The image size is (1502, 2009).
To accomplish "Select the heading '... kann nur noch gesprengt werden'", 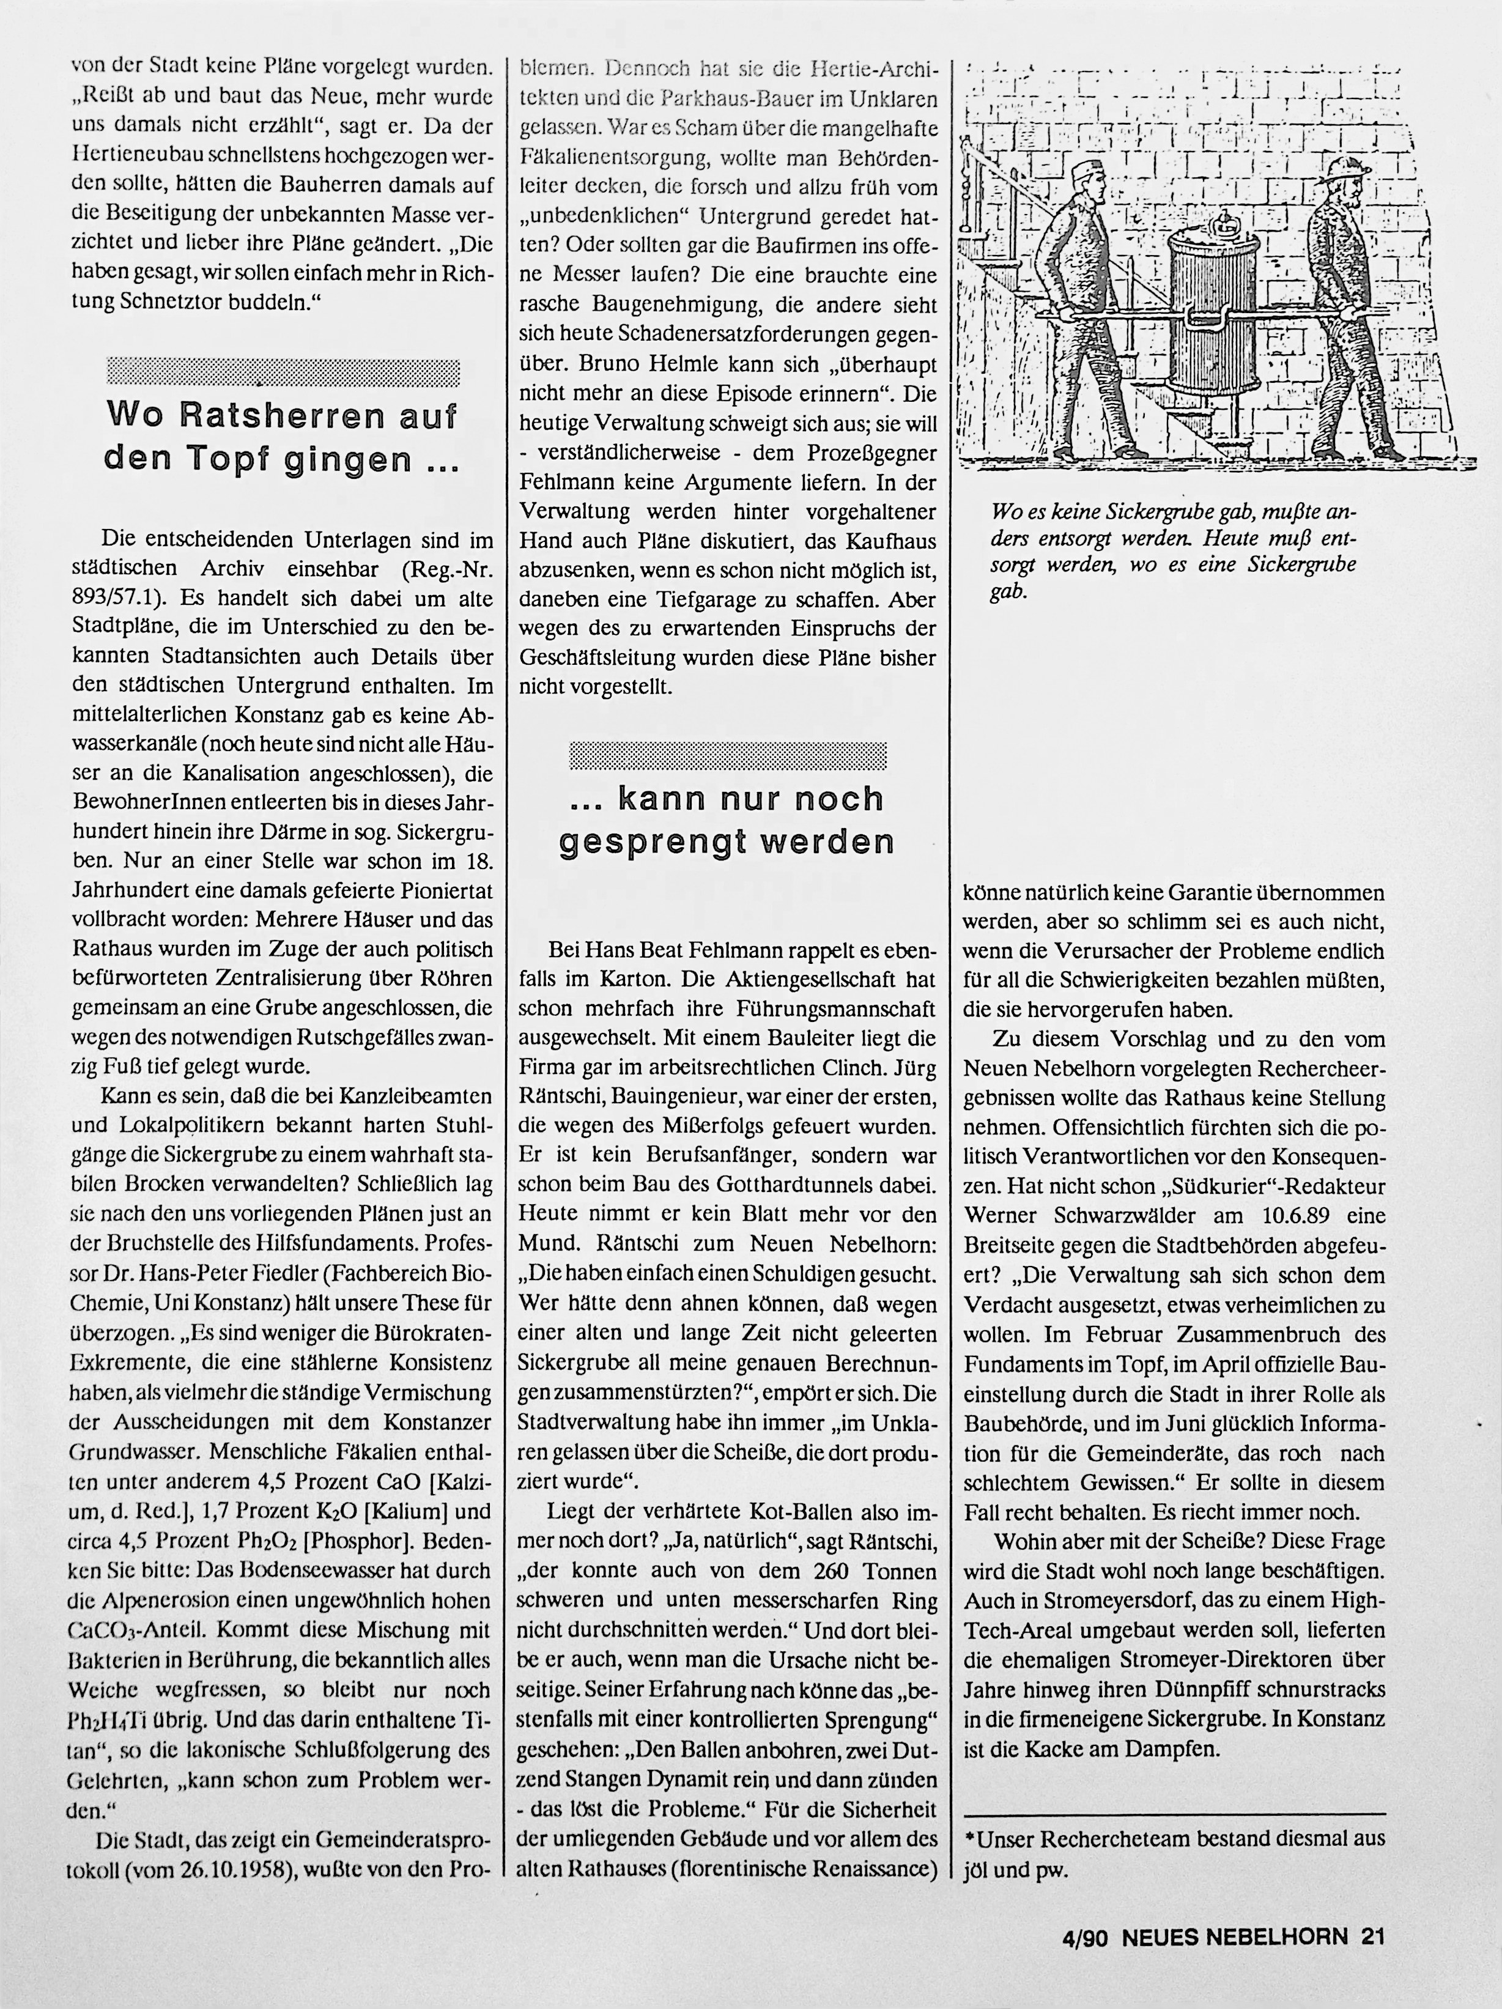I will (x=727, y=820).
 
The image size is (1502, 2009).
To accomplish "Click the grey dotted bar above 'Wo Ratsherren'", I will (x=283, y=372).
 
